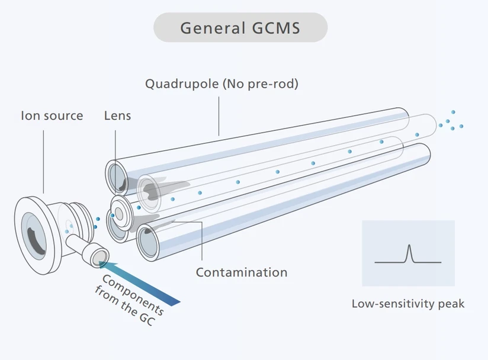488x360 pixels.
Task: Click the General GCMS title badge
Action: coord(240,28)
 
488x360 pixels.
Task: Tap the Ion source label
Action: coord(52,115)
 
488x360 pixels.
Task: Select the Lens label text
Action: coord(117,115)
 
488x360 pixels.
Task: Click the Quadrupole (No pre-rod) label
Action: coord(221,83)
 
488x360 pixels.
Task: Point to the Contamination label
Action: coord(241,272)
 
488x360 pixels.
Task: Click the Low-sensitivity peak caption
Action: coord(408,304)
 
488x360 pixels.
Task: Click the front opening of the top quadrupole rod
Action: coord(117,176)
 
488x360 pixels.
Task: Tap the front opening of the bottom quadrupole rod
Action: coord(150,241)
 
